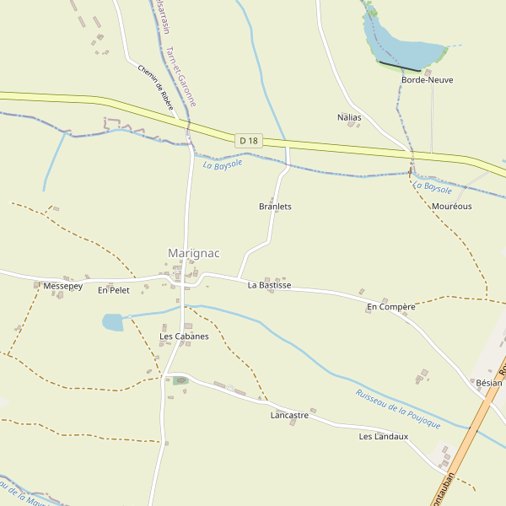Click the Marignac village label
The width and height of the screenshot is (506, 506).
click(193, 253)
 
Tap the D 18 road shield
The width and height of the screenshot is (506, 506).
click(248, 140)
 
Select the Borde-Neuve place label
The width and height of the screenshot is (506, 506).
click(427, 80)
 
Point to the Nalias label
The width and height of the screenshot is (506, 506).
click(348, 117)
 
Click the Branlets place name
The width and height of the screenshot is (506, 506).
click(275, 207)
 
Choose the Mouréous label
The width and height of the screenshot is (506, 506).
click(451, 207)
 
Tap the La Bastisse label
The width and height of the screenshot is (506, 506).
click(269, 286)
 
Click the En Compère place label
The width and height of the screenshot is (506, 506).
click(390, 307)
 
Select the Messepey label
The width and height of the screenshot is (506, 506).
click(62, 287)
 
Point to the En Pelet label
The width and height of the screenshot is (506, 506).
click(114, 290)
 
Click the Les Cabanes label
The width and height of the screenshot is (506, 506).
click(184, 336)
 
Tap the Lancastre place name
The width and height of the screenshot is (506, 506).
click(289, 416)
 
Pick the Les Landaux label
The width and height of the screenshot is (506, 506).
click(383, 437)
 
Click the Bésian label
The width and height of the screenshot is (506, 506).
click(488, 383)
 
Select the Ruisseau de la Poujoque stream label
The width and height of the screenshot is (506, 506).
click(398, 409)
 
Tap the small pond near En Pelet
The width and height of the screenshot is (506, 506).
click(112, 322)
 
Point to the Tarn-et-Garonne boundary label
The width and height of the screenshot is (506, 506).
click(181, 76)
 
